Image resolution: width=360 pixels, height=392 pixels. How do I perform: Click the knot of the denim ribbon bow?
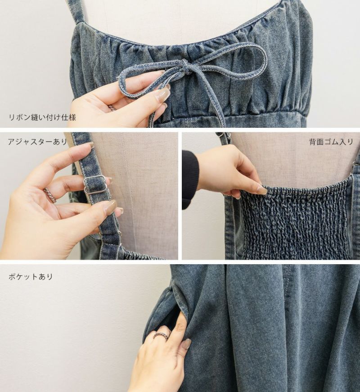point(185,66)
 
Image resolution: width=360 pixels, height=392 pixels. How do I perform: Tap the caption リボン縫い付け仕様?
point(42,117)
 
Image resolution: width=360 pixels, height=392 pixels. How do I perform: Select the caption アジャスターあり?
point(37,142)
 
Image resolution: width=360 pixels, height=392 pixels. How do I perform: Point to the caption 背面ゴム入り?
point(331,142)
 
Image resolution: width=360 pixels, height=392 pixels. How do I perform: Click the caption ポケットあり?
point(31,277)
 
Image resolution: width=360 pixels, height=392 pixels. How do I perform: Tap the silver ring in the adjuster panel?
point(50,194)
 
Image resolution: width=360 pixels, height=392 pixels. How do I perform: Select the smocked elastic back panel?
point(295,220)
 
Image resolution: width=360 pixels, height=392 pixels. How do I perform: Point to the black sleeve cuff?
point(190,180)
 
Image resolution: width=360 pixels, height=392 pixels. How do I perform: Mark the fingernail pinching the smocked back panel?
point(262,189)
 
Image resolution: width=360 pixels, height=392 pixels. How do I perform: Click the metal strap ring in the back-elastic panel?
point(355,163)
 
